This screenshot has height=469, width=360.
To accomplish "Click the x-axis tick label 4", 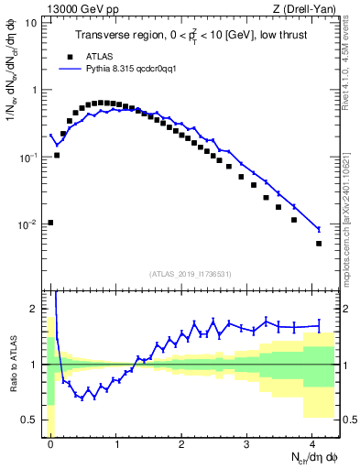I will (313, 443).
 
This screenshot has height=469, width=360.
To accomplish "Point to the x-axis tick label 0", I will (51, 443).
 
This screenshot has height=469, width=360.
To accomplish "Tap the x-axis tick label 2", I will (182, 443).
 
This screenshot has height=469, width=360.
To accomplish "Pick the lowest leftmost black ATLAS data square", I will (50, 223).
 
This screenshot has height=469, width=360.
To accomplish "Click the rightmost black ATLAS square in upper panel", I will (319, 244).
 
